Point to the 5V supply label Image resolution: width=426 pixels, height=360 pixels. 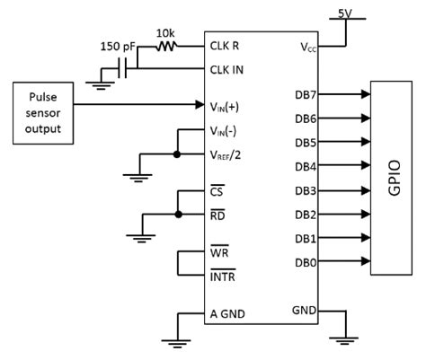344,13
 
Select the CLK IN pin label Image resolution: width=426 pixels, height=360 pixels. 228,68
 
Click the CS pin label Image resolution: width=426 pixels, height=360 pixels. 217,191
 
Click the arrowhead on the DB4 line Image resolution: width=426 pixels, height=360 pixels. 364,165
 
